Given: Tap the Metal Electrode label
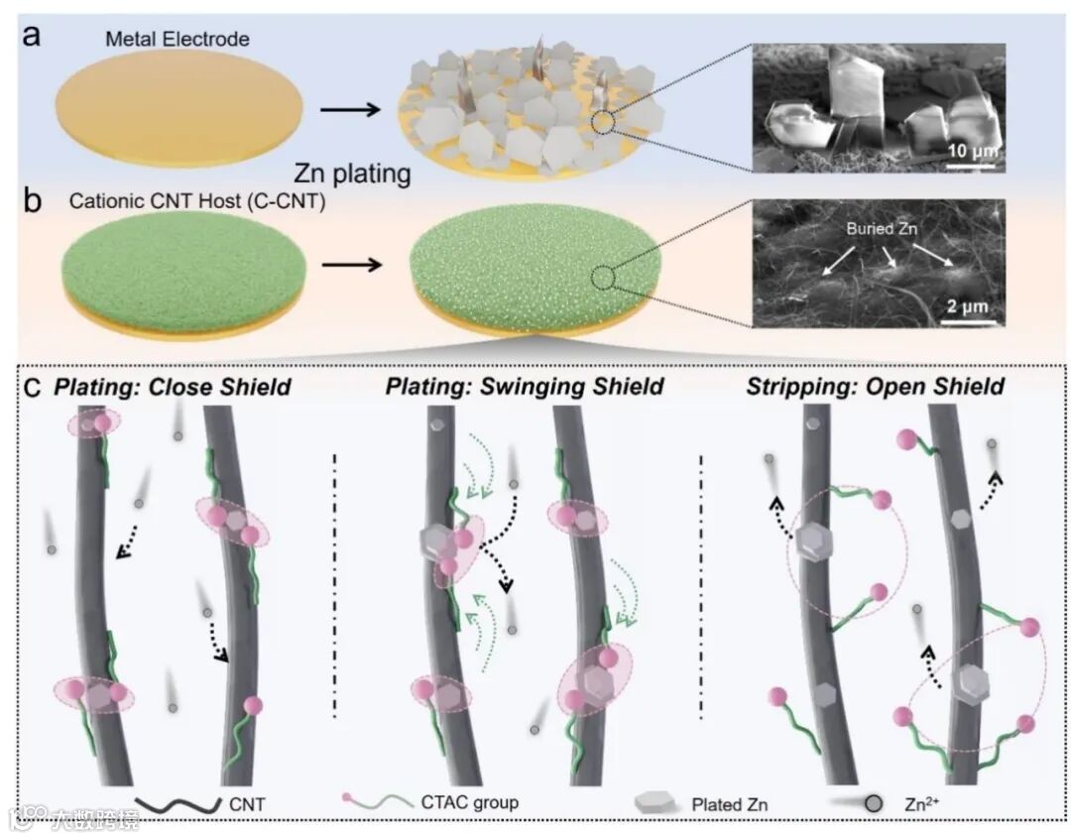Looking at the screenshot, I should click(178, 40).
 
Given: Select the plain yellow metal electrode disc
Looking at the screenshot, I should click(177, 109).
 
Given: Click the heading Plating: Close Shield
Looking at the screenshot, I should click(173, 386).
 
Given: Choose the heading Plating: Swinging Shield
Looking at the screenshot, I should click(526, 386).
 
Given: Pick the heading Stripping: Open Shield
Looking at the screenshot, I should click(876, 386).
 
